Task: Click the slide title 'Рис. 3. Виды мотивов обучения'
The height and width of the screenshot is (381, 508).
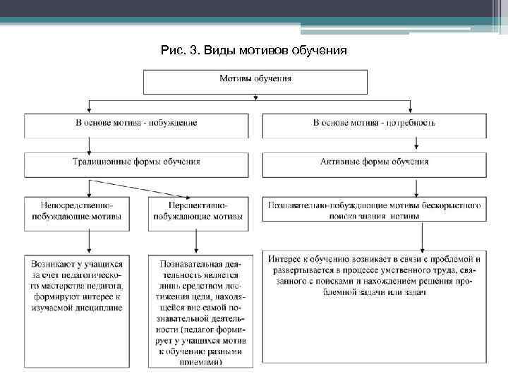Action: pyautogui.click(x=253, y=51)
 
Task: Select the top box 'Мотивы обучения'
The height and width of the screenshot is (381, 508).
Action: pyautogui.click(x=255, y=80)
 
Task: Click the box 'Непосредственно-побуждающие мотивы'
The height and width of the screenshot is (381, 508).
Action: pyautogui.click(x=76, y=211)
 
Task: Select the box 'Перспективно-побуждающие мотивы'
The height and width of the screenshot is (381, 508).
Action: pyautogui.click(x=198, y=211)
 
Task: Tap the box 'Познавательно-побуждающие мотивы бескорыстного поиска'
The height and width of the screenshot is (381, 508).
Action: pyautogui.click(x=374, y=210)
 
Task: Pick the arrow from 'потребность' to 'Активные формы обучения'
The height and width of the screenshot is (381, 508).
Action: pyautogui.click(x=417, y=145)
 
